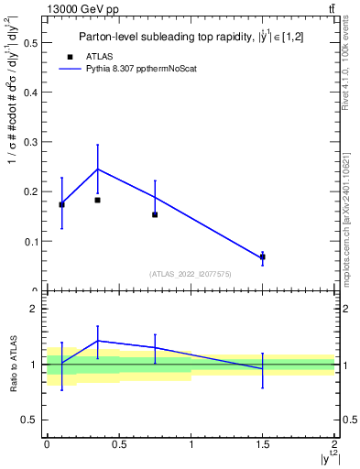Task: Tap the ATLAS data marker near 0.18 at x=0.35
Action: pyautogui.click(x=97, y=200)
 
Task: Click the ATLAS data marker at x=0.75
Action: pyautogui.click(x=155, y=214)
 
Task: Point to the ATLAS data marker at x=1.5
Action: pyautogui.click(x=263, y=257)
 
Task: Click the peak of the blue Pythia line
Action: pyautogui.click(x=97, y=169)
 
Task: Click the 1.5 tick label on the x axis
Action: pyautogui.click(x=263, y=444)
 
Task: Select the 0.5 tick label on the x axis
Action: pyautogui.click(x=118, y=444)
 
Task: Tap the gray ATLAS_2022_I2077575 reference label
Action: pyautogui.click(x=190, y=274)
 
